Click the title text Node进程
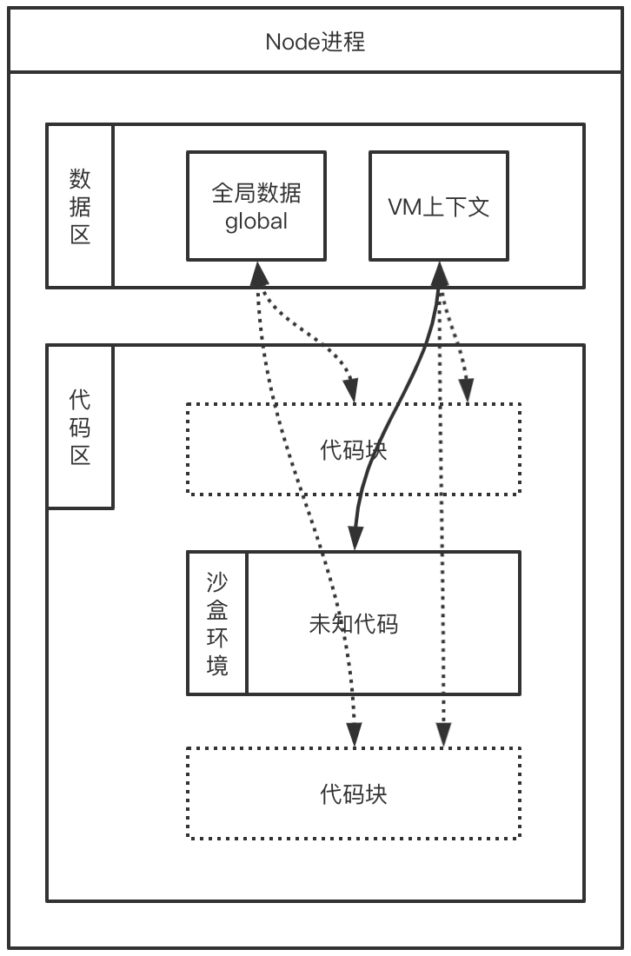coord(315,41)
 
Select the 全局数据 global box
coord(256,206)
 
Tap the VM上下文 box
coord(438,206)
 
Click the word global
coord(256,221)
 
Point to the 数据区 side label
coord(80,206)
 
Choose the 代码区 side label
coord(80,427)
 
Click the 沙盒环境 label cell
coord(217,623)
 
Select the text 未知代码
coord(354,623)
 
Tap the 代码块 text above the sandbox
coord(354,450)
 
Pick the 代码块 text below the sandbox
coord(354,793)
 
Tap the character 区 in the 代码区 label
coord(80,455)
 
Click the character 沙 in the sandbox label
coord(217,581)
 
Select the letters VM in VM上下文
coord(402,207)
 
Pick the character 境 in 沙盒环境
coord(217,666)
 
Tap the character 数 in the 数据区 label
coord(80,179)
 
